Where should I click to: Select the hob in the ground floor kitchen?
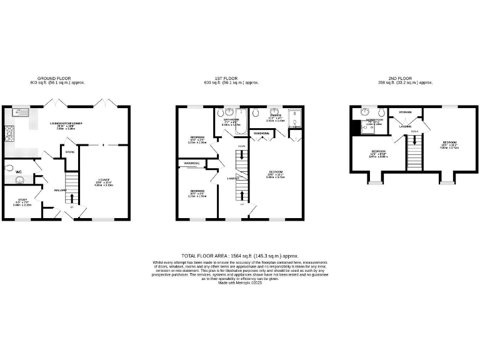10,132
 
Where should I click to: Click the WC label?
18,171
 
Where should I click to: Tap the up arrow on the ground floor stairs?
71,199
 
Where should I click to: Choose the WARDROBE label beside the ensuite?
261,133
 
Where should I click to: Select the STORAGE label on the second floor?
405,112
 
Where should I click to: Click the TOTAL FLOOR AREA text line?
239,256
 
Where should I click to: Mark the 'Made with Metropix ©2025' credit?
239,283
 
